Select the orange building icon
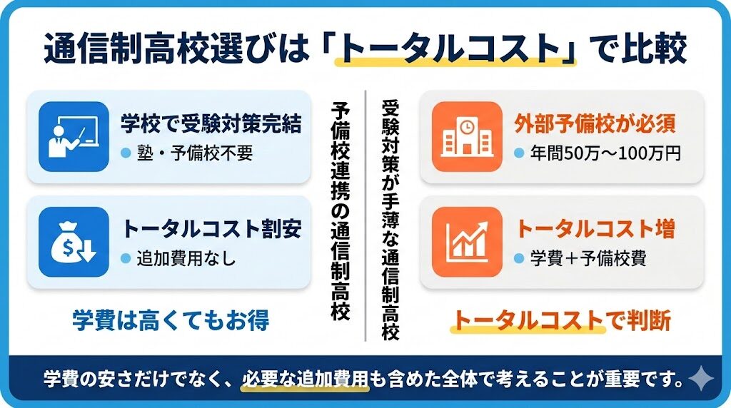point(468,136)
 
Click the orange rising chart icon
point(468,242)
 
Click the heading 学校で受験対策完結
point(211,124)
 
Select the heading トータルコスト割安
point(211,229)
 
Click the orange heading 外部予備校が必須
point(594,124)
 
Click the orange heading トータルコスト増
point(594,229)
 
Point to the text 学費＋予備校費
point(588,259)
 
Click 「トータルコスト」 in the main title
point(455,49)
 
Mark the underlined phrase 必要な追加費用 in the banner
point(305,378)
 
